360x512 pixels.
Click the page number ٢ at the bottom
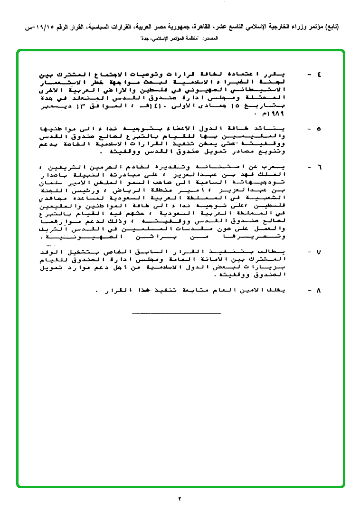coord(180,499)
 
